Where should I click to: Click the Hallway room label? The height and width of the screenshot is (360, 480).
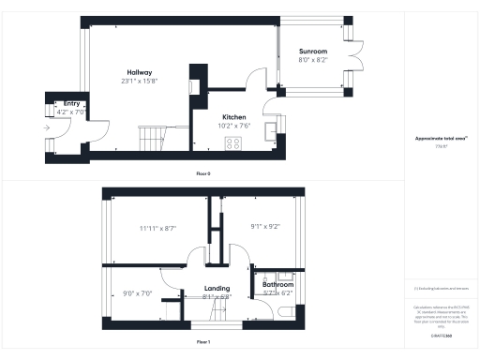[141, 72]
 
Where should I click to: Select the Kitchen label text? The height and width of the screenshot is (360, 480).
[234, 117]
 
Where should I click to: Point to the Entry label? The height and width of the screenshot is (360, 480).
[71, 104]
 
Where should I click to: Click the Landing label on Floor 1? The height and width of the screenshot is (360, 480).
[217, 289]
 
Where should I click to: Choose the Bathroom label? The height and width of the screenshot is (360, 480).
[277, 284]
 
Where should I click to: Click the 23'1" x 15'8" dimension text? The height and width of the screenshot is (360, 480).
[141, 81]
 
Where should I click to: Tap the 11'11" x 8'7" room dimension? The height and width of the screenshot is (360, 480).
[158, 228]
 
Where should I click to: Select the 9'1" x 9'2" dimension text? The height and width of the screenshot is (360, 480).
[266, 226]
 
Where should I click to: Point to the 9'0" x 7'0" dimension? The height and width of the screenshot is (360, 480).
[138, 293]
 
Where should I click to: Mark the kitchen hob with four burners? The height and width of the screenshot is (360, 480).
[232, 143]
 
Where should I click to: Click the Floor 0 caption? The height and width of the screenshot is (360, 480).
[202, 174]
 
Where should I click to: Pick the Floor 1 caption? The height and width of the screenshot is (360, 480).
[202, 343]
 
